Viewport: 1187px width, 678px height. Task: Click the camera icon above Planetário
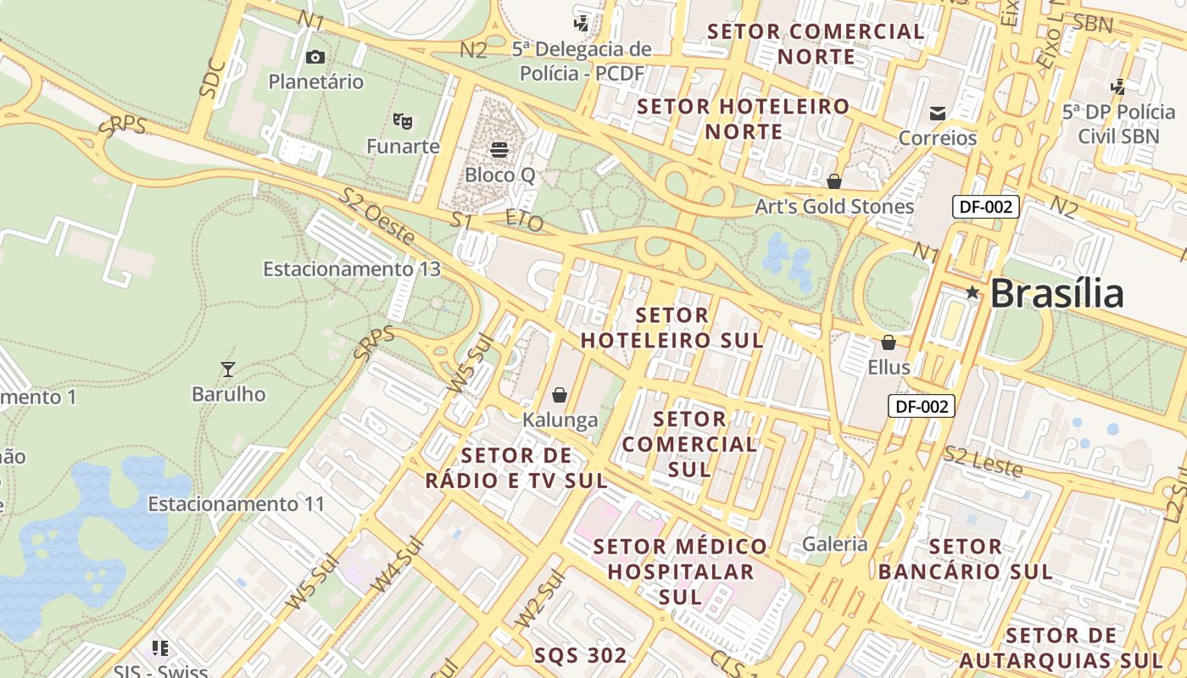(315, 57)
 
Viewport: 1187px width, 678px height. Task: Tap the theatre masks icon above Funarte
(403, 121)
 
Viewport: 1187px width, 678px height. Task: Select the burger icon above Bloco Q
(499, 150)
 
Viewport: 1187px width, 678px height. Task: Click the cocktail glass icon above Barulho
(227, 369)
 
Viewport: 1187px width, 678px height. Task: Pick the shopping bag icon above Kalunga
(560, 395)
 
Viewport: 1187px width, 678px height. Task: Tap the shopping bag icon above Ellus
(889, 342)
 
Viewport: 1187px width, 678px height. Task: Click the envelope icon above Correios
(938, 113)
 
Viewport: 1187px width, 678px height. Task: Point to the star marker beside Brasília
(972, 292)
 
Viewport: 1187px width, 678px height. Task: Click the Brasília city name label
(1056, 294)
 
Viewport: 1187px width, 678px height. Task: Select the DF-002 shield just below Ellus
(922, 406)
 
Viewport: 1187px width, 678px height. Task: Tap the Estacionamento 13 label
(352, 269)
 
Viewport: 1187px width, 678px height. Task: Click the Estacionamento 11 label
(237, 504)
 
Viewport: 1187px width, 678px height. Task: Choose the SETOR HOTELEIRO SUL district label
(672, 327)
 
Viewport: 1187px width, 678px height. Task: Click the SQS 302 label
(581, 655)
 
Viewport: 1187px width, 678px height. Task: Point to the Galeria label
(835, 544)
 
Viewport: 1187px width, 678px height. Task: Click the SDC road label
(213, 78)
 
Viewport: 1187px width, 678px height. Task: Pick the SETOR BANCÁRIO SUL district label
(966, 559)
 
